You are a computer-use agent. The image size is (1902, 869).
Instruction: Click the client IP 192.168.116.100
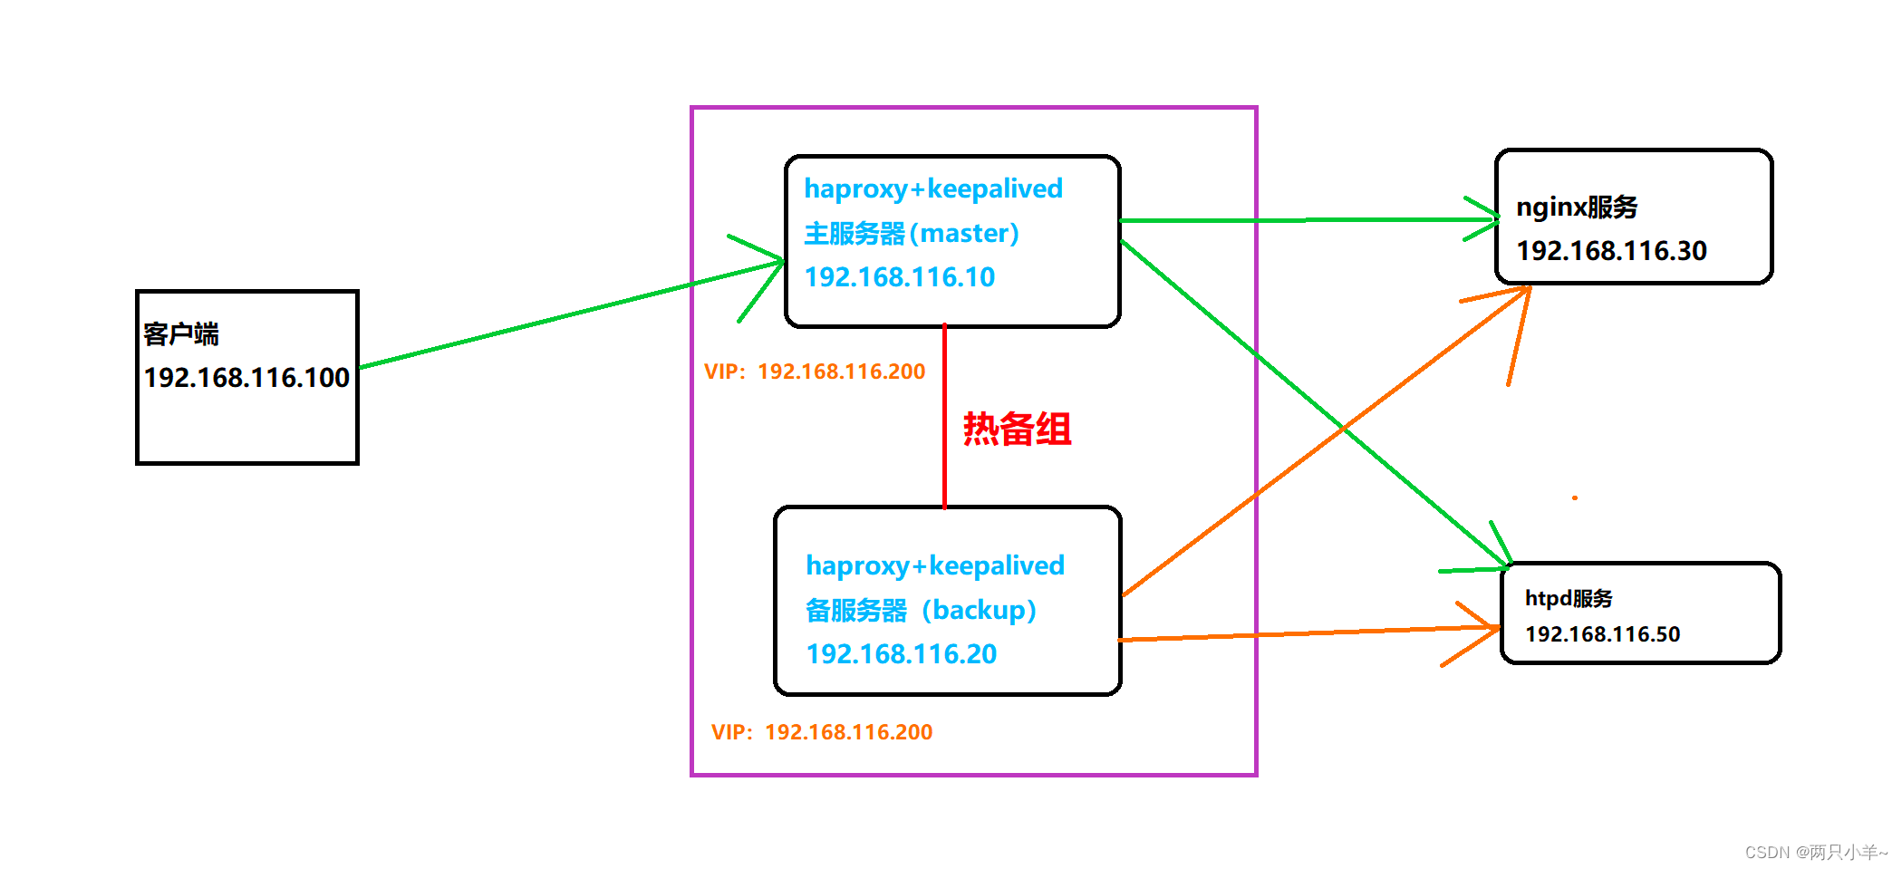(x=246, y=377)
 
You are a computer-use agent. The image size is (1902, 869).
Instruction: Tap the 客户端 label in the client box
(x=181, y=334)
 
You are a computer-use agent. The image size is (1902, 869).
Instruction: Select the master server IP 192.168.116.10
(x=899, y=277)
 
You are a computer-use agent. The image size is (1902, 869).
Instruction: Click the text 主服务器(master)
(x=911, y=234)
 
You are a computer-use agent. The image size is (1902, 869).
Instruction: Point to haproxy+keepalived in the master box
(x=933, y=188)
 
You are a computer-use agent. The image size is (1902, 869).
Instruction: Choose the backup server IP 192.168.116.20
(x=901, y=654)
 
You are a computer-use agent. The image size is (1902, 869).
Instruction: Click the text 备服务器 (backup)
(x=921, y=611)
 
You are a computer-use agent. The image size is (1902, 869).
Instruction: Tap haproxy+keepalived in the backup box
(x=935, y=565)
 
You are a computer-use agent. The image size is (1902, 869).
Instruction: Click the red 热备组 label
(x=1017, y=429)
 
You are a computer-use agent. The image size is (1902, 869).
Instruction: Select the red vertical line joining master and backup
(x=944, y=417)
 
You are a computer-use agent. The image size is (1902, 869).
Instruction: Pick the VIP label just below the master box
(x=815, y=372)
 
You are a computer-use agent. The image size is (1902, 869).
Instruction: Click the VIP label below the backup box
(x=822, y=732)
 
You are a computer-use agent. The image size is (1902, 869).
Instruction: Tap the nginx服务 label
(x=1577, y=208)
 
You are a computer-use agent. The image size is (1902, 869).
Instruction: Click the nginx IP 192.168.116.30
(x=1611, y=251)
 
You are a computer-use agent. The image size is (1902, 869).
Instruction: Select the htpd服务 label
(x=1569, y=598)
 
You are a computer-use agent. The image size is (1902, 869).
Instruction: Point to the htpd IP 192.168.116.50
(x=1602, y=634)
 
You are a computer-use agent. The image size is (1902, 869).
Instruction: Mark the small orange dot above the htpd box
(x=1575, y=497)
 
